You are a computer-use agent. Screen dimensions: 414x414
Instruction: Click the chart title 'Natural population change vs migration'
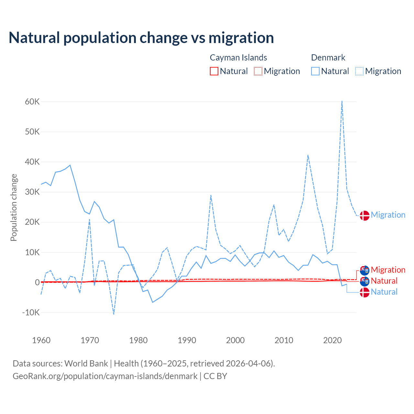click(141, 38)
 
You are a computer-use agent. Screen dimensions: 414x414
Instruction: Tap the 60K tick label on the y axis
click(32, 102)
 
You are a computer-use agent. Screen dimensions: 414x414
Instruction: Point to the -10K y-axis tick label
click(31, 313)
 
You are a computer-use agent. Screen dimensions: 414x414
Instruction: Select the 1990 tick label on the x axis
click(187, 340)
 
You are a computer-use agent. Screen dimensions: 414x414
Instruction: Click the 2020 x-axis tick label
click(332, 340)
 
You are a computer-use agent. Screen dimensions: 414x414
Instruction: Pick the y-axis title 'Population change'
click(14, 207)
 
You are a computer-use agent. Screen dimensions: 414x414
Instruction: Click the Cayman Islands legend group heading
click(238, 58)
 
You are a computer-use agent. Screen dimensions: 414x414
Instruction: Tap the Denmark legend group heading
click(328, 58)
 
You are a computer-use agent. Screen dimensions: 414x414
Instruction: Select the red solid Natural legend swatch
click(214, 71)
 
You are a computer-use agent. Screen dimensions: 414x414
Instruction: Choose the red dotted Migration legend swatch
click(258, 71)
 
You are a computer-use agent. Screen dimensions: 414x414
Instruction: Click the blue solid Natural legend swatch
click(315, 71)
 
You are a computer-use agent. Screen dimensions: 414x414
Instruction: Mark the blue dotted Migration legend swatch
click(359, 71)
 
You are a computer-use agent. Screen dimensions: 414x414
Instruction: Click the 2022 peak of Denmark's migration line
click(342, 101)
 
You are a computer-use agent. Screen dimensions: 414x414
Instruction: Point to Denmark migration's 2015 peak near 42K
click(308, 155)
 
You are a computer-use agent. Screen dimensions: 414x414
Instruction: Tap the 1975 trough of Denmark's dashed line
click(114, 314)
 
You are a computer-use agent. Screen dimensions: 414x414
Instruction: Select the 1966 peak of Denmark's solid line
click(70, 165)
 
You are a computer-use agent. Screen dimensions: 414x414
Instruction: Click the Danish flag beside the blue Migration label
click(365, 215)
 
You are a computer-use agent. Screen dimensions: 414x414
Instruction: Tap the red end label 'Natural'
click(384, 281)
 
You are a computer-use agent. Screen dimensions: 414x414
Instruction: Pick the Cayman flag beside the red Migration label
click(365, 270)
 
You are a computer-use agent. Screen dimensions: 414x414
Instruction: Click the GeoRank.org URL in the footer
click(105, 376)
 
